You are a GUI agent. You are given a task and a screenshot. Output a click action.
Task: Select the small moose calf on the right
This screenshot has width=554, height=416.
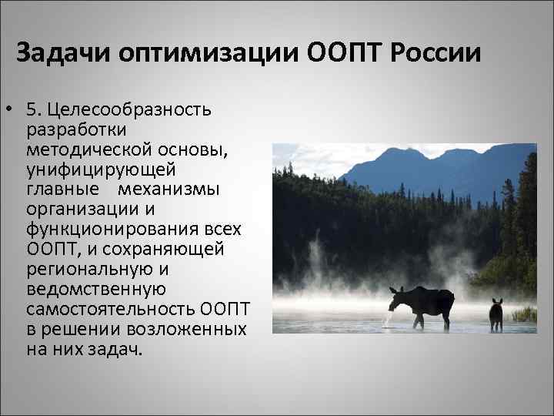(x=496, y=314)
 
